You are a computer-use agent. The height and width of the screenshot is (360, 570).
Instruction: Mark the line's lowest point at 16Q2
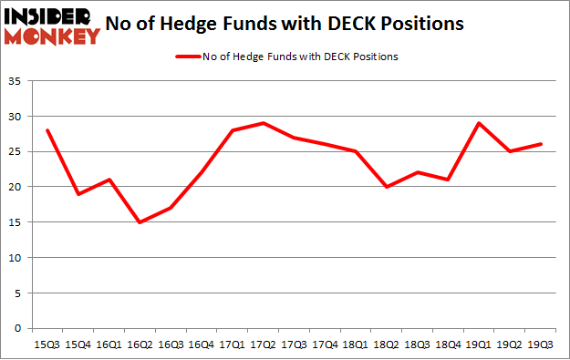(139, 222)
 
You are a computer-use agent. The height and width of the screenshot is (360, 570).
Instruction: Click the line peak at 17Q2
(263, 123)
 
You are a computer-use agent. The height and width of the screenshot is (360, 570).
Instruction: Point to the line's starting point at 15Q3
(47, 130)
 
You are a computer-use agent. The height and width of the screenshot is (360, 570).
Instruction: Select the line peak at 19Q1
(478, 123)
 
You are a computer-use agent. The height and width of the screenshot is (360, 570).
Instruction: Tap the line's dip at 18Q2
(386, 187)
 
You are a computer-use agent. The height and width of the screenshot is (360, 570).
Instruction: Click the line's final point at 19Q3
(540, 144)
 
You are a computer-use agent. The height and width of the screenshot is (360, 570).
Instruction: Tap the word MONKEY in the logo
(53, 36)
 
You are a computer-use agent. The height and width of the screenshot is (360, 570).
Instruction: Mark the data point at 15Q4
(78, 194)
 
